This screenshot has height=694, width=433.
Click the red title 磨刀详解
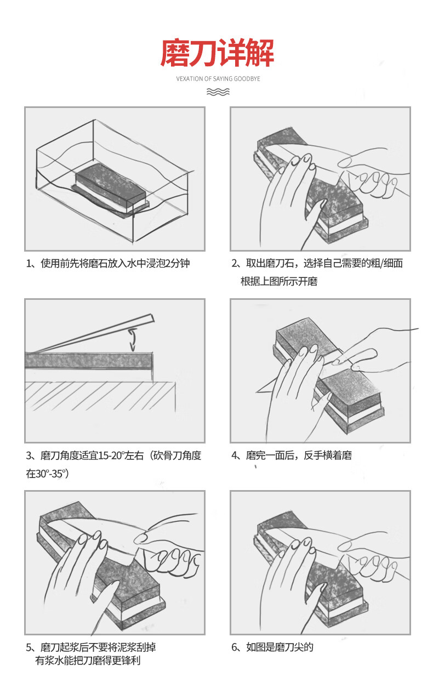[217, 53]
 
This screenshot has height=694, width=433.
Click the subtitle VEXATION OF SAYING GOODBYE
[218, 79]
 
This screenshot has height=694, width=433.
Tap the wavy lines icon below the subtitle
[218, 92]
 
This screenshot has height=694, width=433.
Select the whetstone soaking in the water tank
[111, 189]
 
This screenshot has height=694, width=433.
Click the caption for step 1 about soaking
[108, 263]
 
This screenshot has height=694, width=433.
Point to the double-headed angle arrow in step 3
[133, 339]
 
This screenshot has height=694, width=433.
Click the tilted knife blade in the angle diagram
[93, 334]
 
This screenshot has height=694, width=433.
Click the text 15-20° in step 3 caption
[111, 456]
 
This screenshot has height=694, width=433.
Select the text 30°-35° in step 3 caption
[51, 474]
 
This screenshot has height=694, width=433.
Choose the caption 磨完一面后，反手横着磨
[292, 456]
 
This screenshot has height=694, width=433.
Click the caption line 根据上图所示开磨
[279, 281]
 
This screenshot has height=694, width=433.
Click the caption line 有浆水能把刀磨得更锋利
[88, 661]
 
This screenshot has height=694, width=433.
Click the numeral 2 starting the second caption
[234, 263]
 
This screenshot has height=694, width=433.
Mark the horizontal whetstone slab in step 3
[89, 361]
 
